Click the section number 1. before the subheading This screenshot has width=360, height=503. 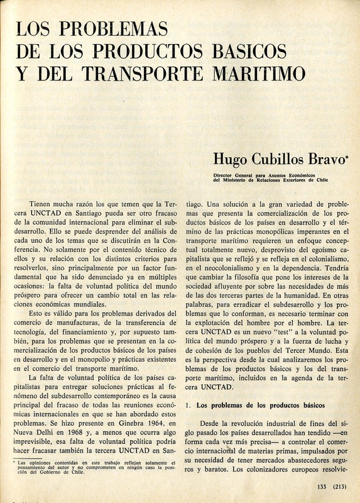(188, 406)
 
